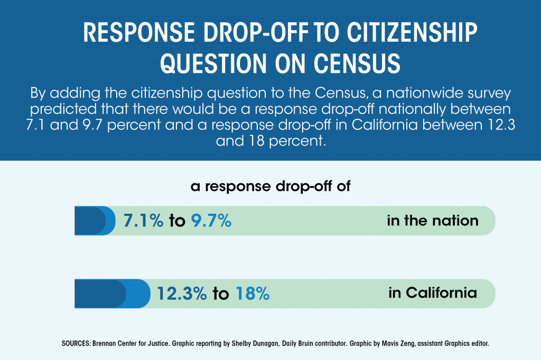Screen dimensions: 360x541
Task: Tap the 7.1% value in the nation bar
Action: pyautogui.click(x=143, y=221)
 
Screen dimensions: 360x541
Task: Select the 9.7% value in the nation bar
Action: pyautogui.click(x=211, y=221)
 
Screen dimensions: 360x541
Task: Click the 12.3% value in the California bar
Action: pyautogui.click(x=181, y=293)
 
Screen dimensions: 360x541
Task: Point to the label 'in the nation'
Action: pyautogui.click(x=433, y=220)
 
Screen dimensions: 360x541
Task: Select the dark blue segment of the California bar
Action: pyautogui.click(x=99, y=293)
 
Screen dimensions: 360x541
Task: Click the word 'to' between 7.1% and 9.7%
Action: pyautogui.click(x=177, y=221)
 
